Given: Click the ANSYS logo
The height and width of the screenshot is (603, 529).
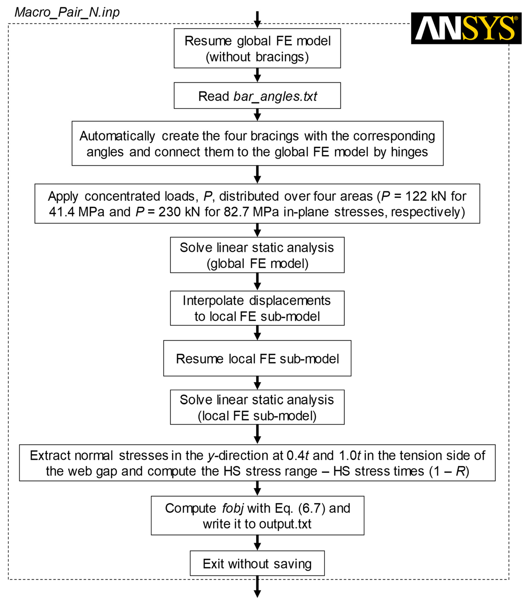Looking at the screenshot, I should coord(466,28).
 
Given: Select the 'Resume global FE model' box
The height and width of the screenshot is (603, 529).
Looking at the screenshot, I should coord(257,48).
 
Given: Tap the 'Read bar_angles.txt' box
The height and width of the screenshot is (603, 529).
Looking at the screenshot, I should coord(257,96).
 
